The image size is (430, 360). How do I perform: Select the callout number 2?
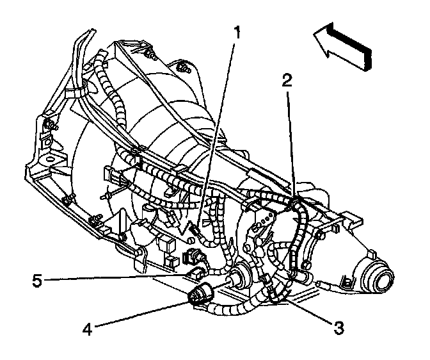pyautogui.click(x=288, y=80)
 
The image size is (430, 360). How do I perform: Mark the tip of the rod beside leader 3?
pyautogui.click(x=318, y=282)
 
